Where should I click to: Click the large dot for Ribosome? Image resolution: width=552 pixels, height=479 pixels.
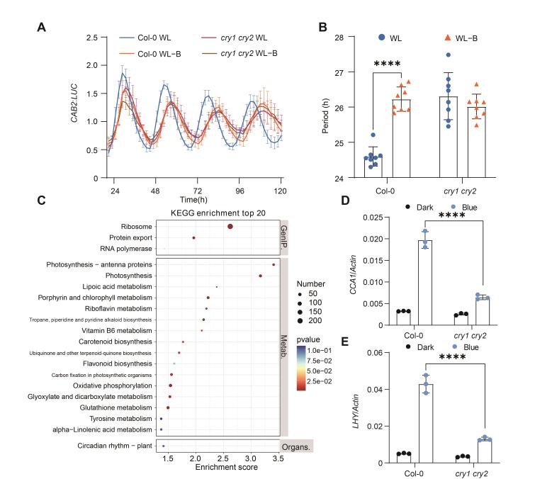coord(230,226)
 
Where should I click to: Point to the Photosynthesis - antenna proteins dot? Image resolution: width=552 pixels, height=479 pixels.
coord(274,265)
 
